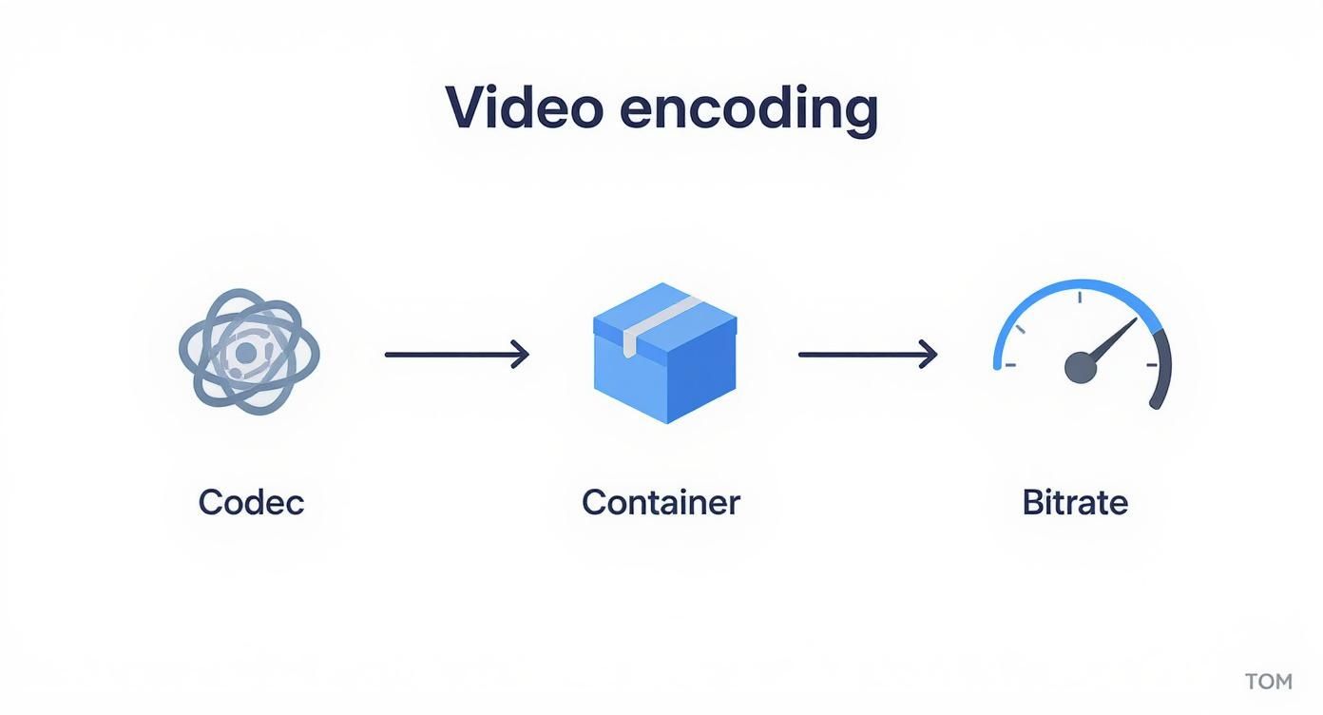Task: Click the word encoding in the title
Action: click(748, 110)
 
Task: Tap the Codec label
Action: click(251, 502)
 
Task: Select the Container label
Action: click(661, 502)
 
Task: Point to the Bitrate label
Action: click(1075, 502)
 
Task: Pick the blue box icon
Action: click(664, 354)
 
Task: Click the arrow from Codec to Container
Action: click(456, 355)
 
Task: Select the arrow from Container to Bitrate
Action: click(868, 355)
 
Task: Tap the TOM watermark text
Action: click(1269, 682)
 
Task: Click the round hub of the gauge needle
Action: click(1080, 367)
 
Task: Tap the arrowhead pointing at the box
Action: click(521, 355)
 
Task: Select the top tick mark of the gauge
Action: click(1081, 298)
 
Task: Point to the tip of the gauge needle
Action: click(1135, 320)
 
